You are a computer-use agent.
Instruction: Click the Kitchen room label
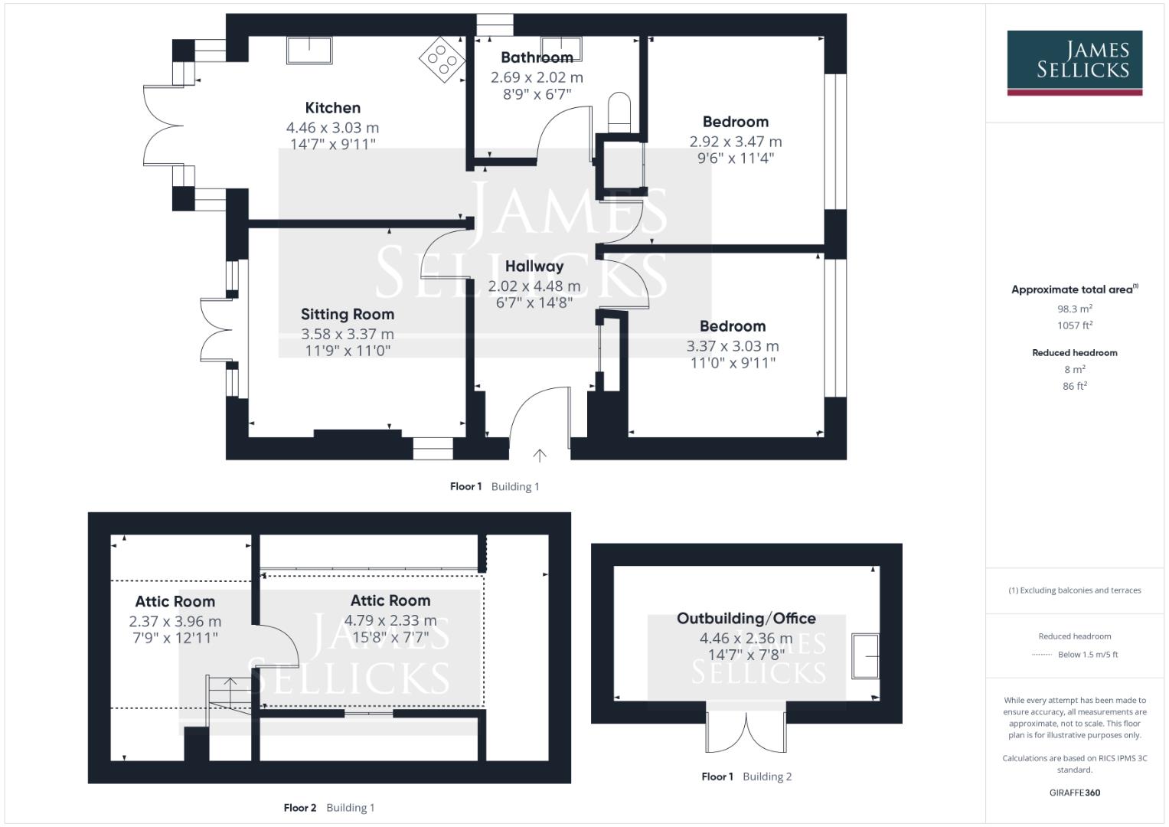tap(332, 108)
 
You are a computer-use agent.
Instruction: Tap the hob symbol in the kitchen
tap(440, 58)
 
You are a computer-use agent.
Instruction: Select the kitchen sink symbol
tap(309, 51)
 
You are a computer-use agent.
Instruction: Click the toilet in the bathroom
tap(619, 112)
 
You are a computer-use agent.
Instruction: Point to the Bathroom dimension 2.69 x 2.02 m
tap(537, 77)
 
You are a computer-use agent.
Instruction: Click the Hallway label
tap(534, 266)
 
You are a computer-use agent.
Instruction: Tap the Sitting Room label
tap(348, 314)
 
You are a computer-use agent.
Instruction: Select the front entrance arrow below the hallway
tap(540, 456)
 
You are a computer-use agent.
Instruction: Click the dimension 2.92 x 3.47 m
tap(736, 142)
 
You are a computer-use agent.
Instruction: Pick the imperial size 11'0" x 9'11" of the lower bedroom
tap(733, 363)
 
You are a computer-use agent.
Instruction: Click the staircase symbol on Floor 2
tap(230, 694)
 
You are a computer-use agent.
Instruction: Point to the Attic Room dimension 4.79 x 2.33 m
tap(390, 620)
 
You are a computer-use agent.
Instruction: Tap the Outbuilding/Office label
tap(746, 618)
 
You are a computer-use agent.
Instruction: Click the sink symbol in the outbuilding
tap(866, 655)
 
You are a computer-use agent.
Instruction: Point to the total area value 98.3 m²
tap(1075, 309)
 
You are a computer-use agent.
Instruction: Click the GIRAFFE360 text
tap(1075, 793)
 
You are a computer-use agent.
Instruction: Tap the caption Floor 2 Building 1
tap(329, 808)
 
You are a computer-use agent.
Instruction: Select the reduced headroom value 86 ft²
tap(1075, 387)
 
